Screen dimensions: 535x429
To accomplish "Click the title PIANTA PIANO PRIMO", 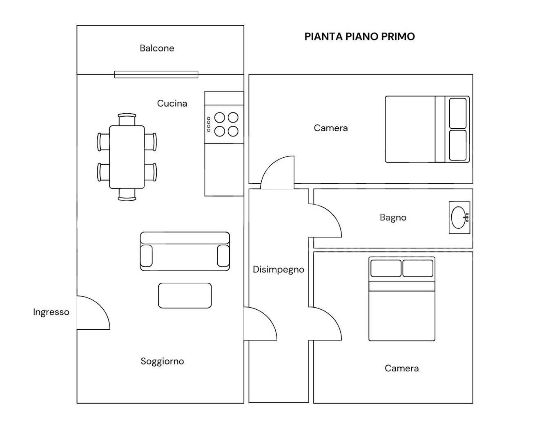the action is (x=359, y=36).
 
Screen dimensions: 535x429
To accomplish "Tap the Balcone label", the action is (x=157, y=48).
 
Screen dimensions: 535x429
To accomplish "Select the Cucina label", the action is (x=172, y=103).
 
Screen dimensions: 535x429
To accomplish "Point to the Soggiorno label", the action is (x=163, y=361).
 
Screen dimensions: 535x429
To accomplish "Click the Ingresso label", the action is (x=51, y=312).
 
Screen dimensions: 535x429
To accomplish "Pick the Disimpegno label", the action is (x=279, y=270).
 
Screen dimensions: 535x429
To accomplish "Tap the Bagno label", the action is (x=393, y=218).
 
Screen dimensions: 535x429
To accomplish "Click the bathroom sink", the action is (x=459, y=218).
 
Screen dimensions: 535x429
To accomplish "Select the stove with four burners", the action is (x=224, y=124).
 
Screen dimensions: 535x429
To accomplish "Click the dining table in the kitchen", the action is (x=127, y=157).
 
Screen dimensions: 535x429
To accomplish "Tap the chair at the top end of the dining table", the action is (x=127, y=119).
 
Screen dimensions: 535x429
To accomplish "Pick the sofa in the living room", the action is (x=185, y=251).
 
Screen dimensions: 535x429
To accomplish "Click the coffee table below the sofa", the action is (x=185, y=295).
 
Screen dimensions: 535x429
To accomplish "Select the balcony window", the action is (x=156, y=74).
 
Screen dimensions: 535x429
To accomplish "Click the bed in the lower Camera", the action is (x=402, y=299).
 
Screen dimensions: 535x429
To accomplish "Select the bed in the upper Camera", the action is (x=427, y=130).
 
